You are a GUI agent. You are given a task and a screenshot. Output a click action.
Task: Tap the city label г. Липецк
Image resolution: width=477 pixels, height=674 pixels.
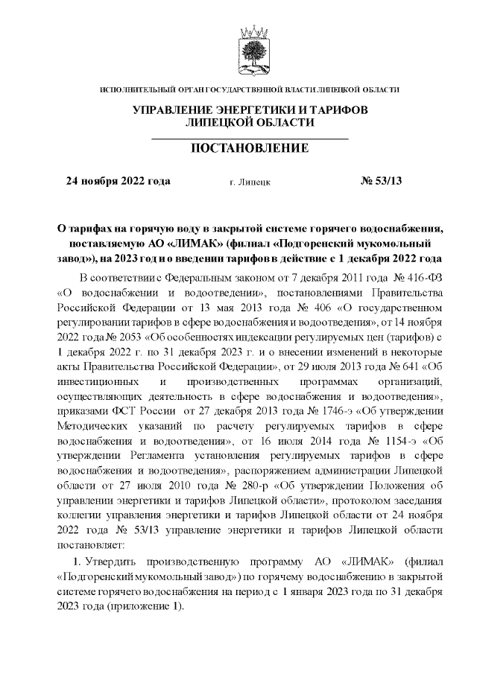(x=250, y=181)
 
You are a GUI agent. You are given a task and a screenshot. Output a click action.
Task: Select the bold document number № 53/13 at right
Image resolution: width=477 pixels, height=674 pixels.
(x=381, y=180)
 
